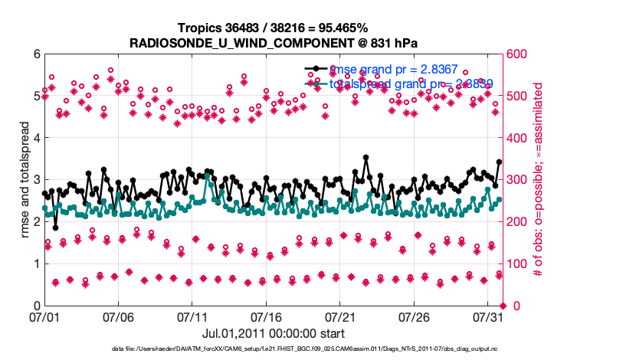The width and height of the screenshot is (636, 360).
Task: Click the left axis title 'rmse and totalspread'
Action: click(x=25, y=180)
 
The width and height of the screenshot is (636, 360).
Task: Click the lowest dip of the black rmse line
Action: click(x=55, y=227)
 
